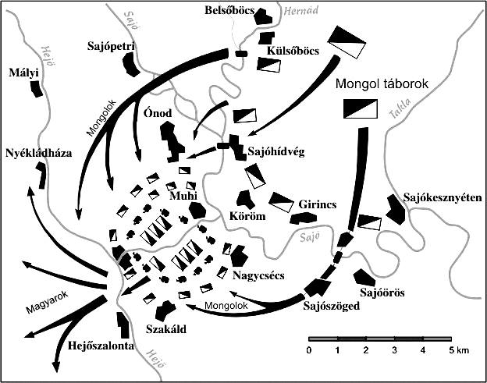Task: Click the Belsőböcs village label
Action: coord(229,11)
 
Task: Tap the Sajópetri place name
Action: coord(111,47)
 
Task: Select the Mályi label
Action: coord(23,73)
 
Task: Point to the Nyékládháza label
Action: coord(39,153)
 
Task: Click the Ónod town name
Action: coord(158,113)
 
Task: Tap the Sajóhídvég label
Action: coord(276,152)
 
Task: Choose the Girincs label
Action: coord(318,204)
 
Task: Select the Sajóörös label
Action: coord(382,293)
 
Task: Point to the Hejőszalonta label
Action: coord(101,346)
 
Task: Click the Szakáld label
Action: coord(166,328)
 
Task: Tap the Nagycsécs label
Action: coord(258,275)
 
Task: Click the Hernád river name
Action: coord(301,11)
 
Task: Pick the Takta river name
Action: coord(400,108)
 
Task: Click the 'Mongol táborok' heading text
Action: coord(382,83)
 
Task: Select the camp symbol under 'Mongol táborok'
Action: coord(361,108)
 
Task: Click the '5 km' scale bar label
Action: coord(458,350)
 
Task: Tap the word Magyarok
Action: coord(47,303)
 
